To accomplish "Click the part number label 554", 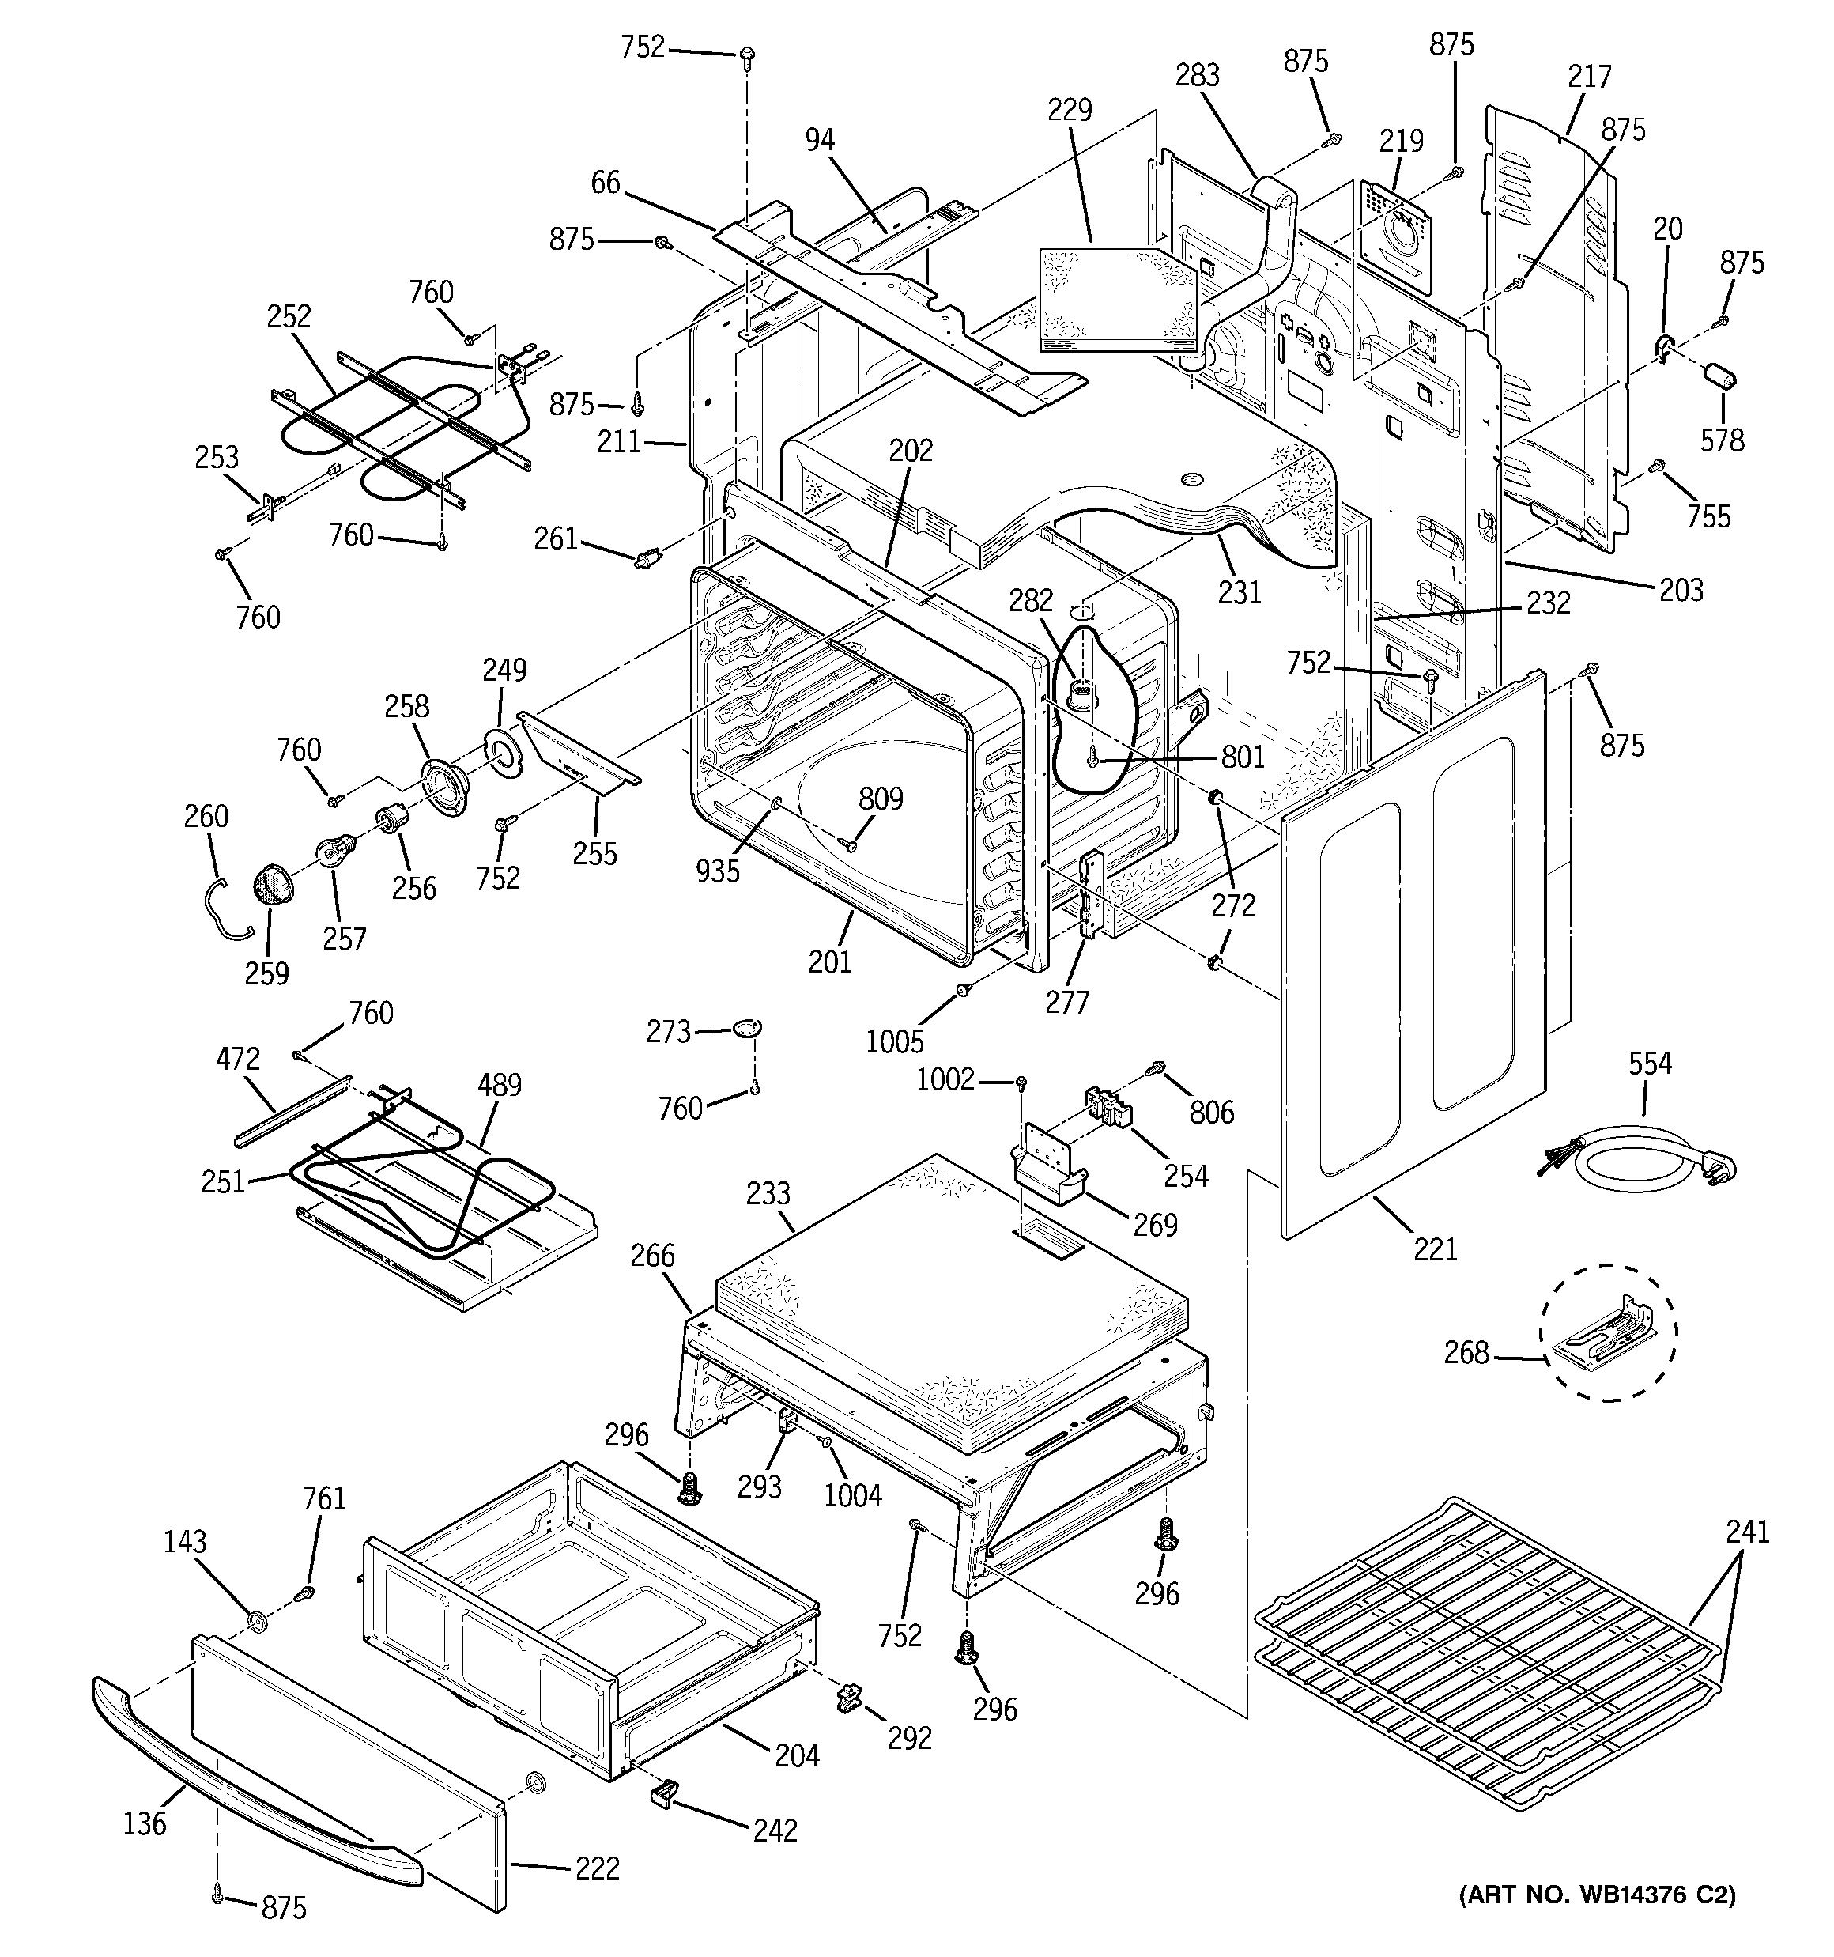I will pyautogui.click(x=1649, y=1064).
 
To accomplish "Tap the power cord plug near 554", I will pyautogui.click(x=1718, y=1169).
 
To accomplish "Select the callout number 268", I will pyautogui.click(x=1466, y=1353).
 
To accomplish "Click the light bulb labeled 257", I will pyautogui.click(x=329, y=848).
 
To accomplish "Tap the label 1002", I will pyautogui.click(x=944, y=1080).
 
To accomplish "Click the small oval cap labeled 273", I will pyautogui.click(x=746, y=1029).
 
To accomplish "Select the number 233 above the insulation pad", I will pyautogui.click(x=768, y=1193).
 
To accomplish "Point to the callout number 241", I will pyautogui.click(x=1746, y=1532).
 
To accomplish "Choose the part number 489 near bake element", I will pyautogui.click(x=499, y=1086).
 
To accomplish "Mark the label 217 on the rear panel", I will pyautogui.click(x=1589, y=76).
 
